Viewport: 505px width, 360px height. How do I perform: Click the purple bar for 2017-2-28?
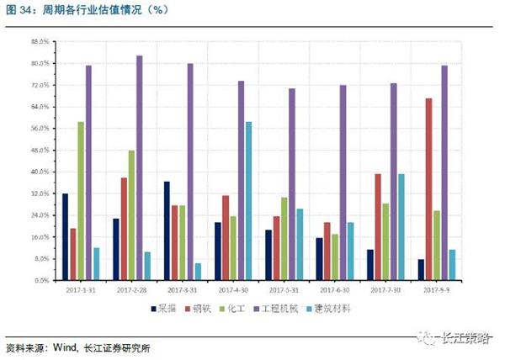(140, 168)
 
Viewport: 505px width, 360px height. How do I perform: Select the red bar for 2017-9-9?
(428, 189)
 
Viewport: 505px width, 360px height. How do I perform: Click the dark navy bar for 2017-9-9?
(421, 270)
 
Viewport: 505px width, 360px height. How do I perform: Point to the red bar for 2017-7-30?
(378, 227)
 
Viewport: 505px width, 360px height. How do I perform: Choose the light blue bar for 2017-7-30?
(401, 227)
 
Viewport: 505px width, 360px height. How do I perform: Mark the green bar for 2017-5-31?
(284, 239)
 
